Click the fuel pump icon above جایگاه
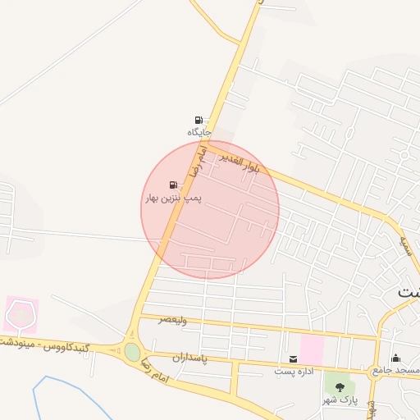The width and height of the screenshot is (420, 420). click(x=199, y=120)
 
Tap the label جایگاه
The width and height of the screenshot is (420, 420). click(x=199, y=132)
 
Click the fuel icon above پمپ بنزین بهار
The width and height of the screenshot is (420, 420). click(x=173, y=185)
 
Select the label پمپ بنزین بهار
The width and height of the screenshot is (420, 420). click(x=173, y=198)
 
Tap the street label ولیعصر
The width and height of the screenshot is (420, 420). click(x=173, y=319)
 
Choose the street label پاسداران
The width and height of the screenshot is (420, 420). click(x=190, y=359)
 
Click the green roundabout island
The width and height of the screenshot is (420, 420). click(x=132, y=352)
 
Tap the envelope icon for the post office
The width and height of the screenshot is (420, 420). click(x=294, y=359)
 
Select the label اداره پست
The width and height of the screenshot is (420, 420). click(x=292, y=372)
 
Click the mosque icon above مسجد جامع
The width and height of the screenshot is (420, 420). click(x=396, y=358)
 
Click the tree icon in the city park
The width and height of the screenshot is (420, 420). click(x=340, y=386)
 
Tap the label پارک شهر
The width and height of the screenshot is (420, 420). click(x=340, y=399)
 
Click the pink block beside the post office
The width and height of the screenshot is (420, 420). click(x=312, y=349)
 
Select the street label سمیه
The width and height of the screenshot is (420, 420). click(x=404, y=244)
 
